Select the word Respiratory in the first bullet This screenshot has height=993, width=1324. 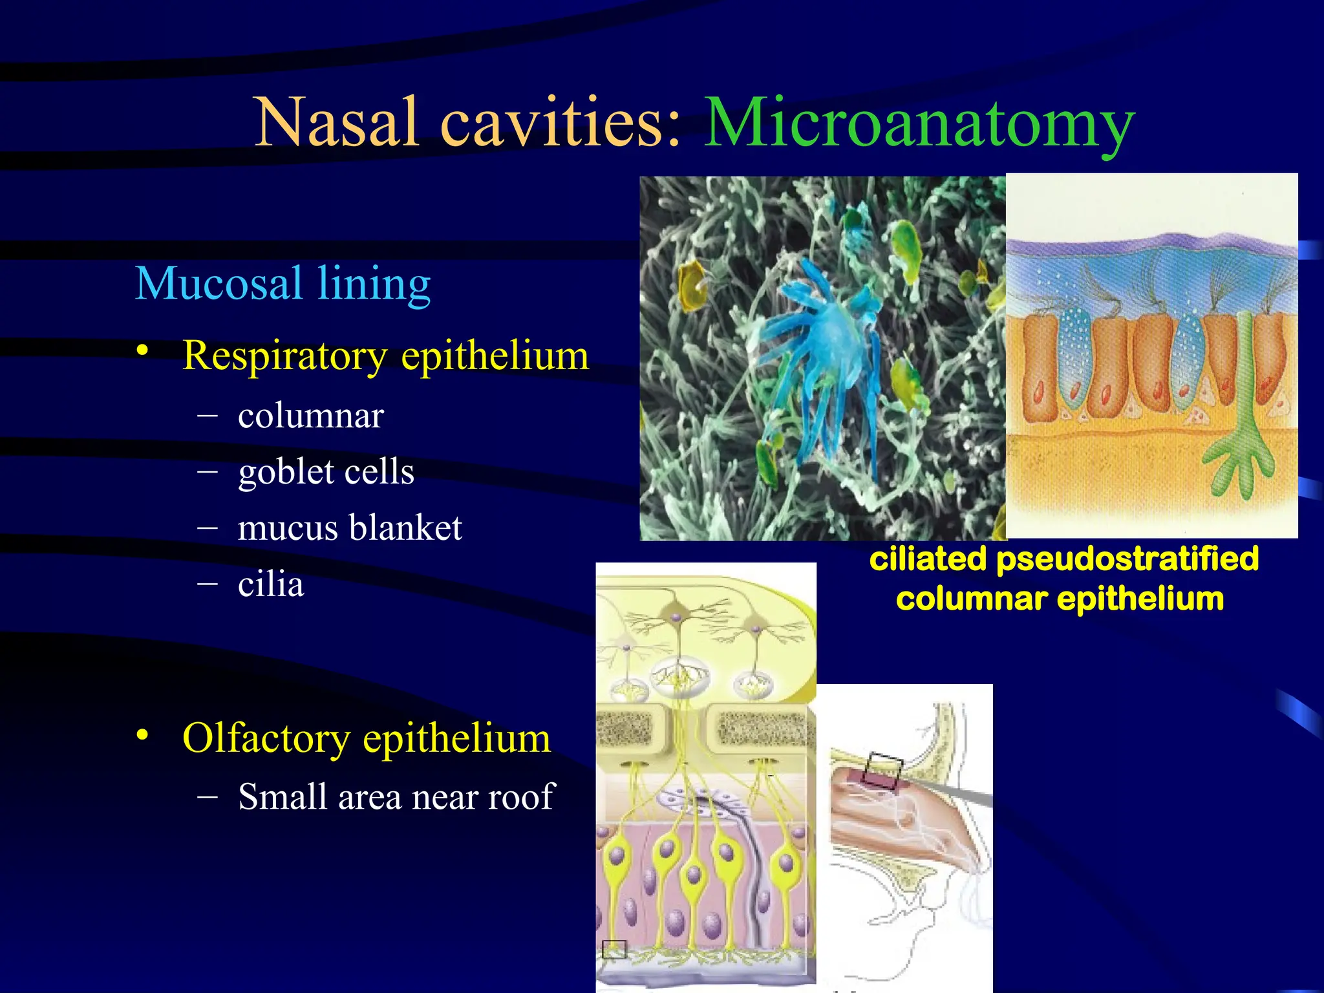(285, 356)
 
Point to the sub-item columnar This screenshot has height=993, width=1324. (311, 416)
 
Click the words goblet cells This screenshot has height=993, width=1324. (326, 472)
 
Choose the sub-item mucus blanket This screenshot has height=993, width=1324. (350, 528)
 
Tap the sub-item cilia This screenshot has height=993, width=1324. (271, 584)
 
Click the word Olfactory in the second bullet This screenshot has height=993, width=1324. (266, 738)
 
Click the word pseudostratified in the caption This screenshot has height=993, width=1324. (1127, 559)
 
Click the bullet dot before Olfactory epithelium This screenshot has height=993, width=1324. (142, 734)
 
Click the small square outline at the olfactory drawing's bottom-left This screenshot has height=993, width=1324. (614, 949)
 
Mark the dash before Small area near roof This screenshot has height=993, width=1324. (208, 796)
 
